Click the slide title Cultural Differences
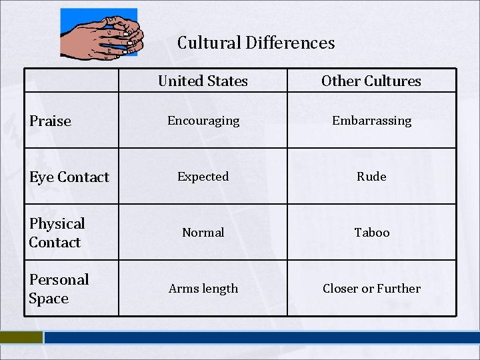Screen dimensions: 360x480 click(256, 43)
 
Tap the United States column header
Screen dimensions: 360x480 click(203, 81)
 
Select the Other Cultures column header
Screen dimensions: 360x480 click(371, 81)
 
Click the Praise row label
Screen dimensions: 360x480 click(50, 121)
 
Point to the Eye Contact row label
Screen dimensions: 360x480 click(69, 177)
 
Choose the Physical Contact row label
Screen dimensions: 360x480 click(57, 233)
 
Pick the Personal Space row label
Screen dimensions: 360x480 click(59, 289)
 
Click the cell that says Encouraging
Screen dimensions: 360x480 click(203, 121)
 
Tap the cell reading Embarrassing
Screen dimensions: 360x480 click(371, 121)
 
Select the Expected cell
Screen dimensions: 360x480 click(203, 177)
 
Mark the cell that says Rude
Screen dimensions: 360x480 click(371, 177)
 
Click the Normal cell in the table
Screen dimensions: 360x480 click(203, 233)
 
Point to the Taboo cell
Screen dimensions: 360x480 click(371, 233)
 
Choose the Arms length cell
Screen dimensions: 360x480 click(203, 289)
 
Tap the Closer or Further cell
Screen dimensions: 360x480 click(371, 289)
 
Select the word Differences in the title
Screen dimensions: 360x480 click(290, 43)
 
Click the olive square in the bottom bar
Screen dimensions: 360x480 click(21, 337)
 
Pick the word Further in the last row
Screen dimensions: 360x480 click(399, 289)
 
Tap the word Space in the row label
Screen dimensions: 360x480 click(49, 299)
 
